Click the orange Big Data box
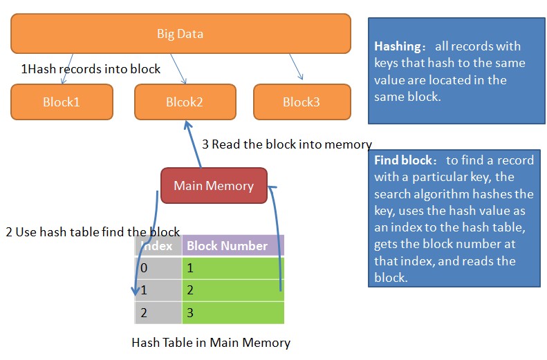pos(180,34)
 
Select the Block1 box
pos(62,102)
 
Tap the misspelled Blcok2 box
pos(185,102)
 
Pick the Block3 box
pos(302,102)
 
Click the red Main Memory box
pos(214,186)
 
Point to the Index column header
pos(158,246)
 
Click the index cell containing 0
pos(158,267)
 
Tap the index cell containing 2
pos(158,313)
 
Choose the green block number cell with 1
pos(232,267)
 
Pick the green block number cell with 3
pos(232,313)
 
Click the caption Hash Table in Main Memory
pos(211,342)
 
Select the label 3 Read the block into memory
pos(286,144)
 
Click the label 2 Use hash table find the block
pos(93,232)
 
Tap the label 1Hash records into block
pos(91,69)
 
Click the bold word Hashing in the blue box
pos(398,47)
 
